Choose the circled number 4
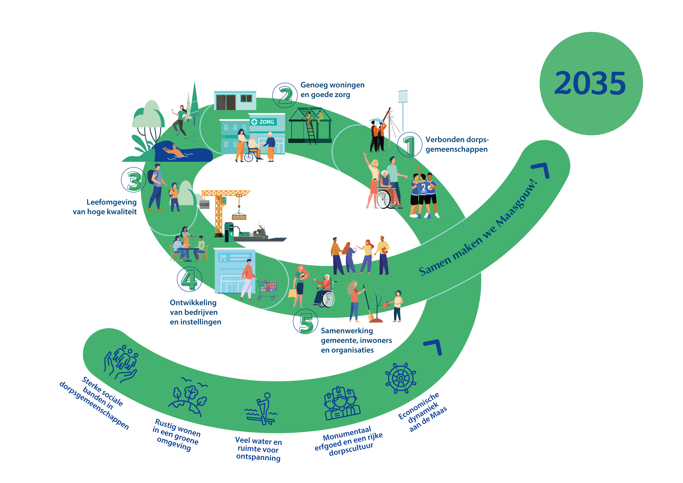pyautogui.click(x=189, y=279)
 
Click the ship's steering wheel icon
pyautogui.click(x=400, y=378)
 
